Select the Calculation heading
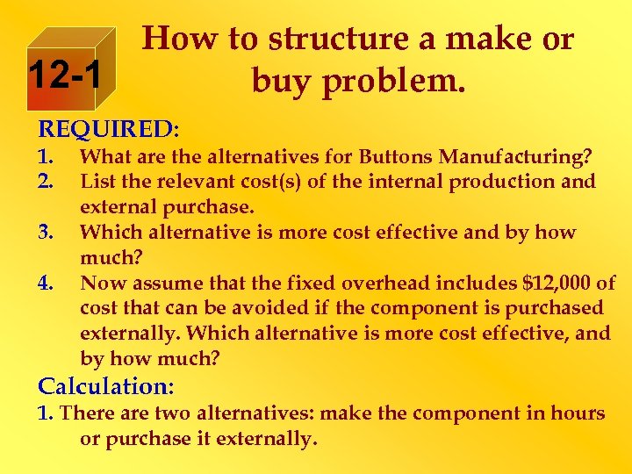(106, 385)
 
